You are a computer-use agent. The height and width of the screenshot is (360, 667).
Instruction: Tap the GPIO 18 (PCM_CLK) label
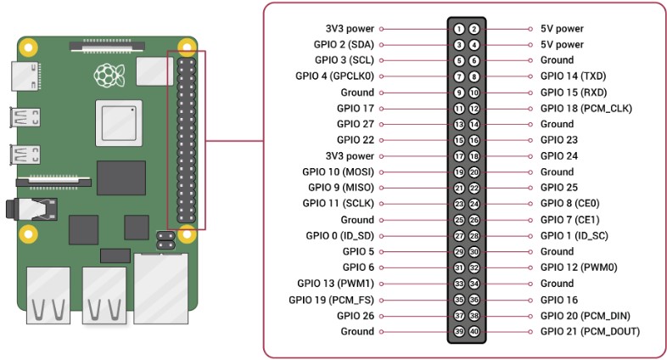pyautogui.click(x=586, y=108)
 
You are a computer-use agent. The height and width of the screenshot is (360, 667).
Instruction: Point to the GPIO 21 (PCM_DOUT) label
pyautogui.click(x=590, y=331)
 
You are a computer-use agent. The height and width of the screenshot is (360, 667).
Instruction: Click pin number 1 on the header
pyautogui.click(x=459, y=29)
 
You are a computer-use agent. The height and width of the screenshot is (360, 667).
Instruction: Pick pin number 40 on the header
pyautogui.click(x=474, y=331)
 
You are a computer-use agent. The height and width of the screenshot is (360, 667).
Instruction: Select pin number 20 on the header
pyautogui.click(x=474, y=172)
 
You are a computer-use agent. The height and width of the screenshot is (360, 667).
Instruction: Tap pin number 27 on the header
pyautogui.click(x=459, y=236)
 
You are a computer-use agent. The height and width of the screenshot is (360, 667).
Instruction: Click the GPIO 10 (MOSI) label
pyautogui.click(x=339, y=172)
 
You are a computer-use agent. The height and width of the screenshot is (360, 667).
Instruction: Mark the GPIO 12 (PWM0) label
pyautogui.click(x=579, y=267)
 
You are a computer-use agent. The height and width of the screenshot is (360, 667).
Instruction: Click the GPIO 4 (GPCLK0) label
pyautogui.click(x=334, y=76)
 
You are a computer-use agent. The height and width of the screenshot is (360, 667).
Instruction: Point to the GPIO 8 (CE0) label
pyautogui.click(x=569, y=204)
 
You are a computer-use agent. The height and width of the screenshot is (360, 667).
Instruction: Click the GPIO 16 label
pyautogui.click(x=559, y=299)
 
